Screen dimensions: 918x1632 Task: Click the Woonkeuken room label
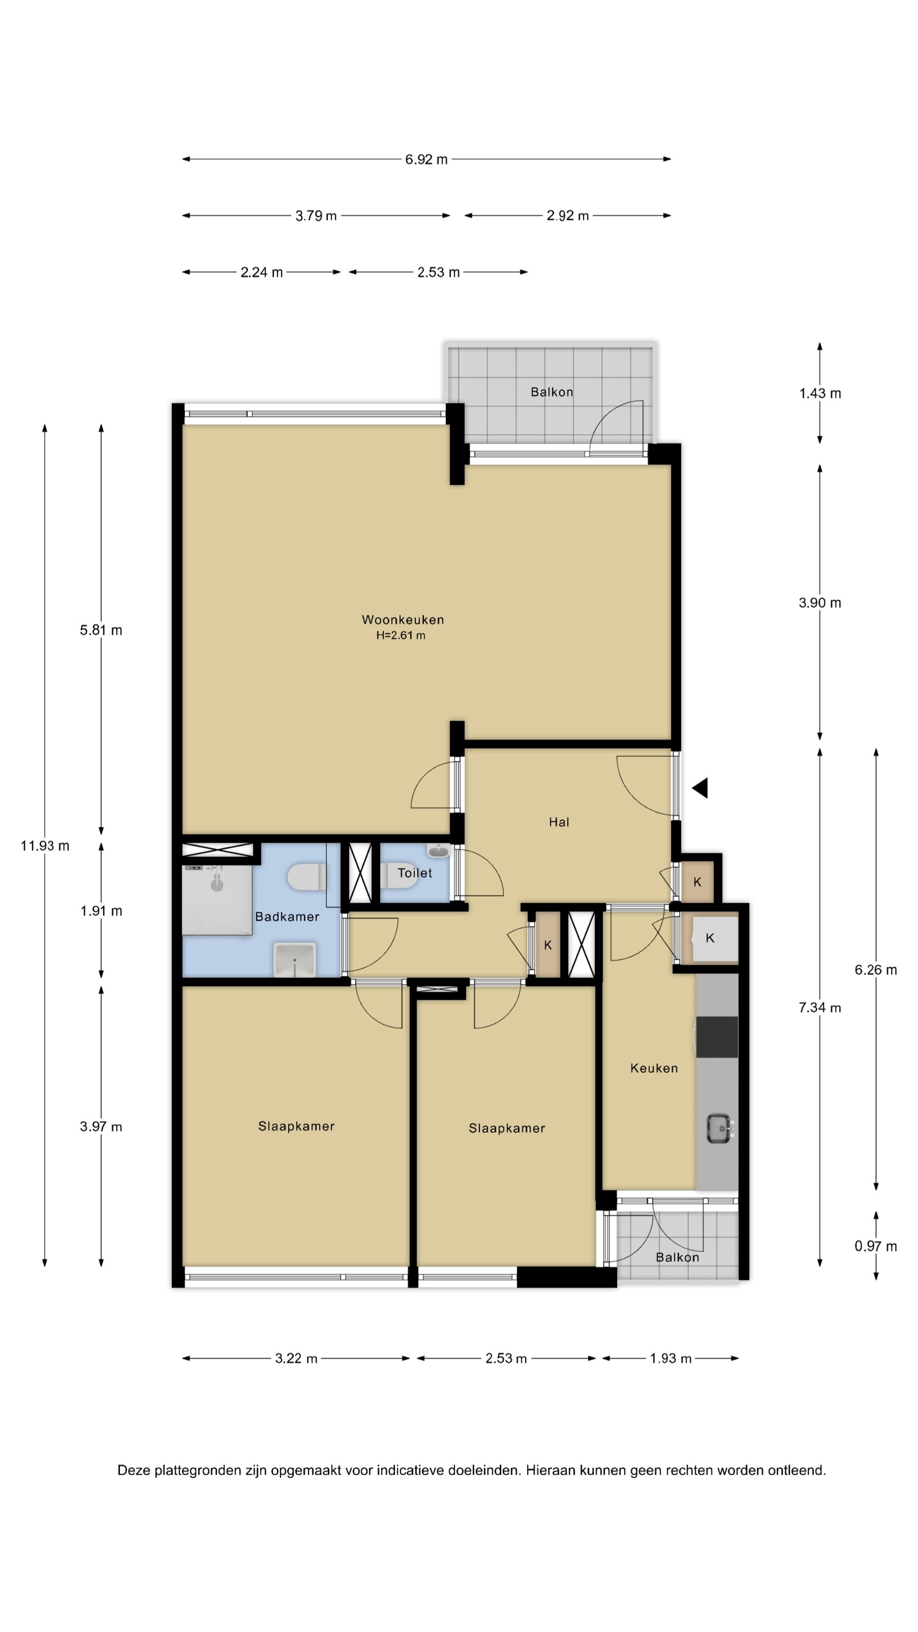click(x=402, y=620)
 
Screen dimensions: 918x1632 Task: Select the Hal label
click(x=559, y=822)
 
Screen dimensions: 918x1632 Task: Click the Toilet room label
click(x=414, y=873)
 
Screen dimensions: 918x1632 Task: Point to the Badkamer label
click(x=287, y=917)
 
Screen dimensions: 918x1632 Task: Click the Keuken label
click(x=654, y=1068)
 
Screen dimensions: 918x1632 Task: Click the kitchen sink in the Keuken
click(x=719, y=1128)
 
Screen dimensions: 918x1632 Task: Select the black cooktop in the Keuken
click(x=717, y=1037)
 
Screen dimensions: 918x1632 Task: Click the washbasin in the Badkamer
click(x=295, y=960)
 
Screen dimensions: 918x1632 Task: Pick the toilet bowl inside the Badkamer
click(x=306, y=878)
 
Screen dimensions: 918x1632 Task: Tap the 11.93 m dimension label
click(x=45, y=846)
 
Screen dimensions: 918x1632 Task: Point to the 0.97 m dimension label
click(x=875, y=1246)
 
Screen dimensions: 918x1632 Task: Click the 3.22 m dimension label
click(x=296, y=1358)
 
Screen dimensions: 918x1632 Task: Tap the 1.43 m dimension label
click(x=820, y=394)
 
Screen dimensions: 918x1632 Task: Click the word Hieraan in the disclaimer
click(x=551, y=1470)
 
